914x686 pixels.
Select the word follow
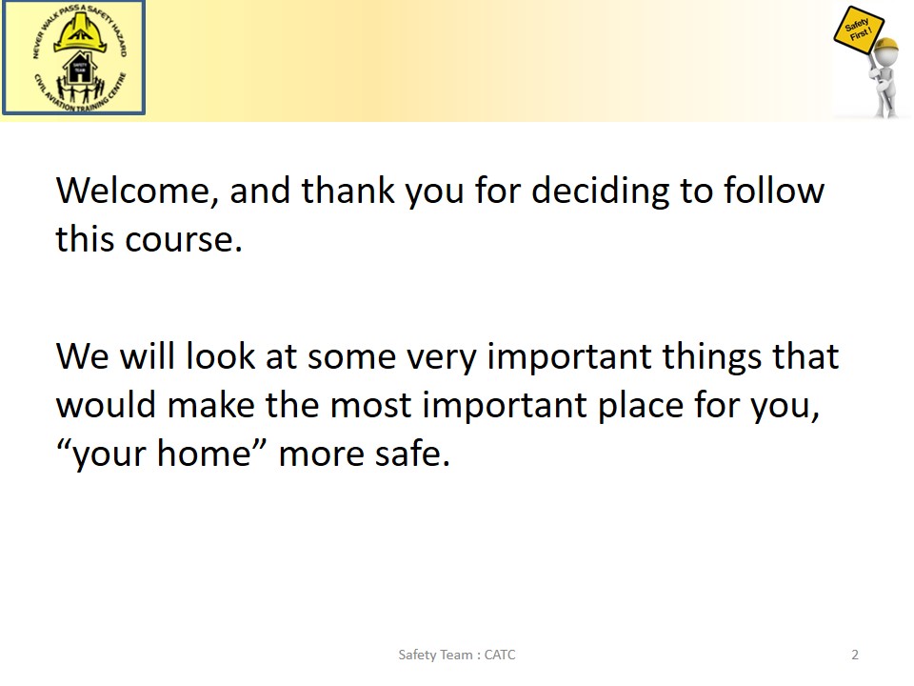point(774,191)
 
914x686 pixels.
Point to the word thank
point(348,191)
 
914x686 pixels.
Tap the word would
point(106,404)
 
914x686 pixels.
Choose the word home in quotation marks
point(205,454)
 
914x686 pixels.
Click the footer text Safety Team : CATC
point(457,656)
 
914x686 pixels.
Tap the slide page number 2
point(855,655)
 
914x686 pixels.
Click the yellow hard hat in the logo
point(80,32)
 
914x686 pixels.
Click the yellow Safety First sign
point(858,30)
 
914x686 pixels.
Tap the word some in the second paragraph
point(352,357)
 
